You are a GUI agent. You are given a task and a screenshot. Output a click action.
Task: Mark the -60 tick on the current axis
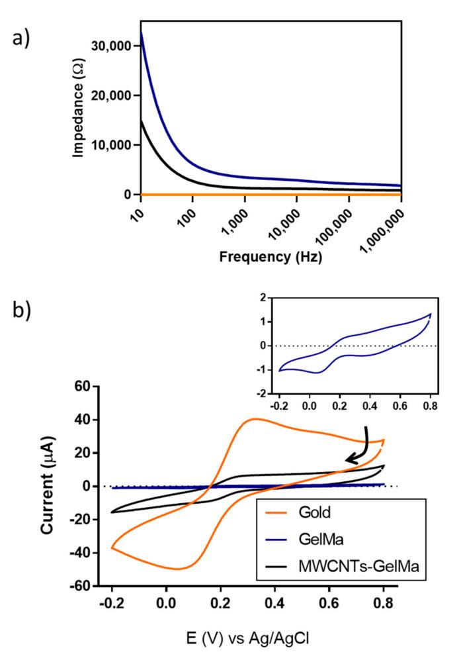[82, 586]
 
